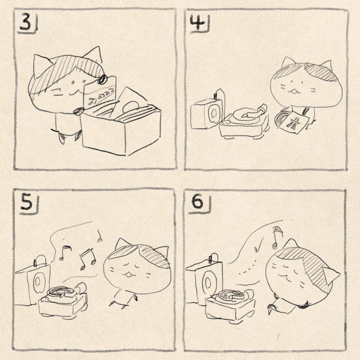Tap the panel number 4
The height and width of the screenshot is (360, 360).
pyautogui.click(x=197, y=23)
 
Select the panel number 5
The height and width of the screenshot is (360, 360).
pyautogui.click(x=26, y=203)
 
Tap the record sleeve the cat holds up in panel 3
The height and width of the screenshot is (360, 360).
pyautogui.click(x=100, y=93)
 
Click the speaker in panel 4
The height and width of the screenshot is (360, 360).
pyautogui.click(x=207, y=113)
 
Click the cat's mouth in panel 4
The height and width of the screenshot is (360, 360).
pyautogui.click(x=295, y=91)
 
